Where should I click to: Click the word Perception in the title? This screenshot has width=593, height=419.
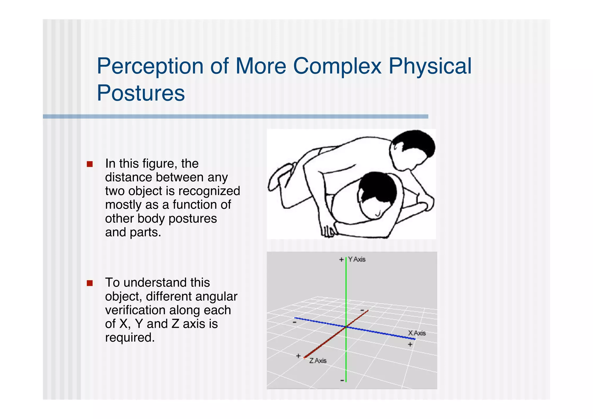tap(150, 66)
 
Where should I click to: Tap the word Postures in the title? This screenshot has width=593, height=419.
tap(141, 93)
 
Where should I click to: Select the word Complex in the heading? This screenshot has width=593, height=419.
tap(337, 66)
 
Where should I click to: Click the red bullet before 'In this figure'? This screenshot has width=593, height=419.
tap(90, 164)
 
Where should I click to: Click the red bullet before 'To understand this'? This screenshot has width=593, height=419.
tap(90, 283)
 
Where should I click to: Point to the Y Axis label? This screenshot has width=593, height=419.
tap(357, 259)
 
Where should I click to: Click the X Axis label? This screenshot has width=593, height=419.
tap(417, 333)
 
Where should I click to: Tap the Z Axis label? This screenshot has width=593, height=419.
tap(318, 361)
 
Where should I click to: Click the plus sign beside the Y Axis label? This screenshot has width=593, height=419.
tap(341, 259)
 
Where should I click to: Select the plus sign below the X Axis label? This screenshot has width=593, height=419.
tap(410, 344)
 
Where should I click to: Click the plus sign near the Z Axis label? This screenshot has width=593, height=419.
tap(298, 356)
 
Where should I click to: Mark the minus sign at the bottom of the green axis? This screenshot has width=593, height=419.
tap(342, 380)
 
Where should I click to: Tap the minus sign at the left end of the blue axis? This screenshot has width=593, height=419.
tap(294, 322)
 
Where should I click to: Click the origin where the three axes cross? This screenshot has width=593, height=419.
tap(346, 327)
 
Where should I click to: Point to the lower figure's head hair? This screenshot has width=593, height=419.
tap(379, 185)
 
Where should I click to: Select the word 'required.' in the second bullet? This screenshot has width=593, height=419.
tap(130, 338)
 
